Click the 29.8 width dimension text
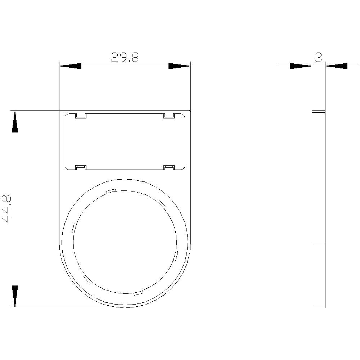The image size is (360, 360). coord(125,58)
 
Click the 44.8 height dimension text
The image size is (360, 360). coord(7,209)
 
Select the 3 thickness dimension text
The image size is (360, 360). coord(318,57)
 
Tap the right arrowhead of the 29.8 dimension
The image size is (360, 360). coord(179,66)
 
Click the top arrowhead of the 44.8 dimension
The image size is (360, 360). coord(15,121)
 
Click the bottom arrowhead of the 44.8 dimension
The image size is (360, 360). coord(15,297)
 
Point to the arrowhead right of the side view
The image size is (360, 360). coord(337,66)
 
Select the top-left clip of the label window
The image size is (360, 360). coord(80,116)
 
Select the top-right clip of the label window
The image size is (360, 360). coord(169,116)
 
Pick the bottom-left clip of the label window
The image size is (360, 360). coord(80,167)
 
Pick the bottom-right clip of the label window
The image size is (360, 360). coord(169,167)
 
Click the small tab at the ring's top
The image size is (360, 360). coord(111,191)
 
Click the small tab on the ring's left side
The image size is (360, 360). coord(74,228)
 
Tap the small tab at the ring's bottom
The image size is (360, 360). coord(139,293)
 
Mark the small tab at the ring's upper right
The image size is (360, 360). coord(162,204)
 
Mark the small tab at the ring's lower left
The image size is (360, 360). coord(87,279)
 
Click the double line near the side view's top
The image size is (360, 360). coord(318,112)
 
